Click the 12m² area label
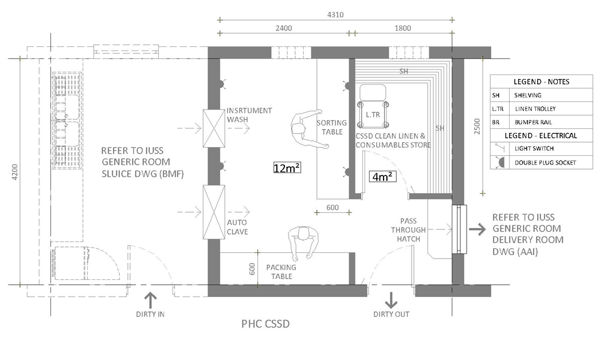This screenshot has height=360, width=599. point(288,168)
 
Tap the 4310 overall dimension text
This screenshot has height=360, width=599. point(335,15)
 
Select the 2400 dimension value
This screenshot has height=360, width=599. point(283,28)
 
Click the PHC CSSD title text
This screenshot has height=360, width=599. point(265,324)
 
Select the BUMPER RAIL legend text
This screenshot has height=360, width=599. point(535,122)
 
